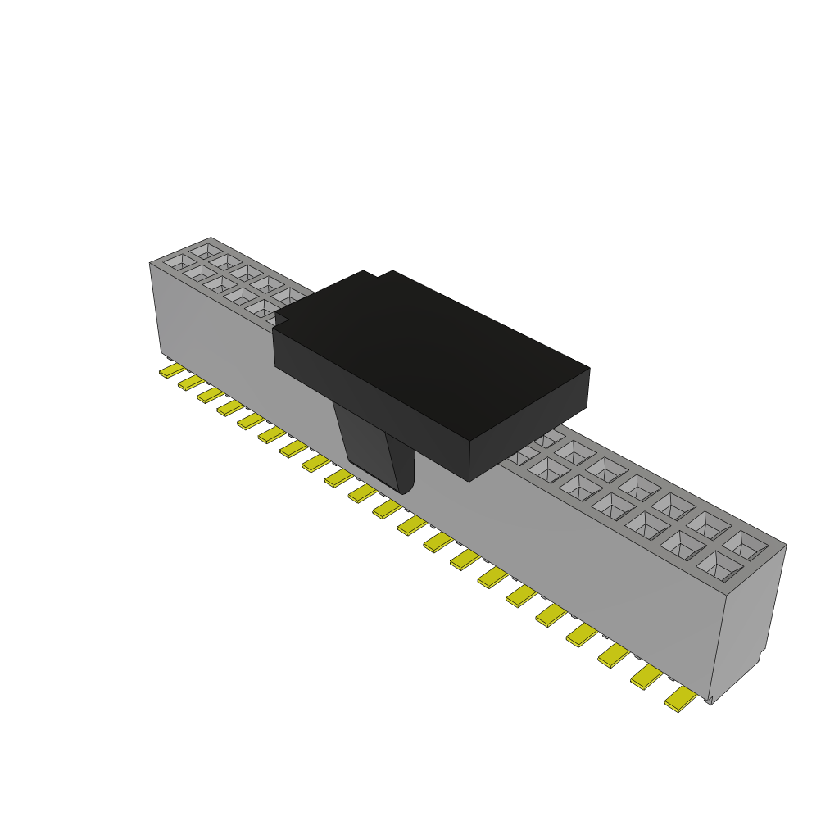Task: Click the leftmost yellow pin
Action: (x=171, y=371)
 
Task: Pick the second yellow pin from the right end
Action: (x=646, y=675)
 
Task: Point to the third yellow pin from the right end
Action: (x=614, y=655)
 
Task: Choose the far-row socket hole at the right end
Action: (x=744, y=544)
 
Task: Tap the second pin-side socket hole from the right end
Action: (x=682, y=543)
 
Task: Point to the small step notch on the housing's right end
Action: (x=760, y=655)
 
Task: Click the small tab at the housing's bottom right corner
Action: (x=710, y=700)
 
